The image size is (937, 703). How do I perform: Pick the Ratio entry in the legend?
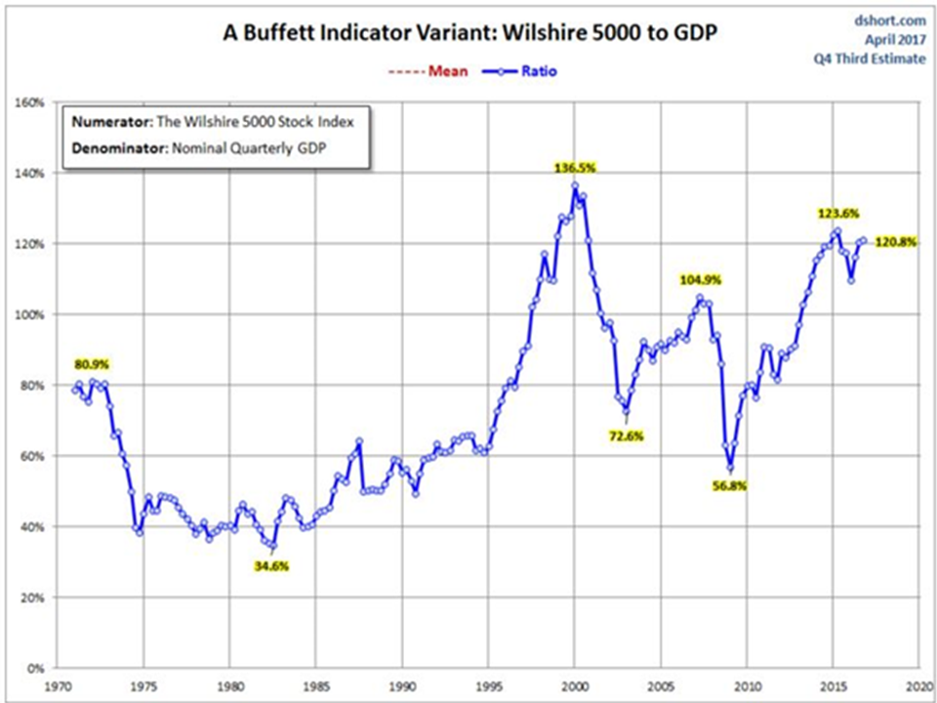tap(539, 71)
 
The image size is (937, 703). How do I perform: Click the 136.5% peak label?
tap(576, 168)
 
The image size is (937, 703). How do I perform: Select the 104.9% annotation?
tap(700, 280)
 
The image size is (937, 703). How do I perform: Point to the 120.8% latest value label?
tap(895, 242)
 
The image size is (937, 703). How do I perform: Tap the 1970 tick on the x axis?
tap(58, 685)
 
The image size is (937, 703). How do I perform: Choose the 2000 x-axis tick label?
tap(575, 685)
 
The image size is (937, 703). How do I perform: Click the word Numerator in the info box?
tap(110, 123)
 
